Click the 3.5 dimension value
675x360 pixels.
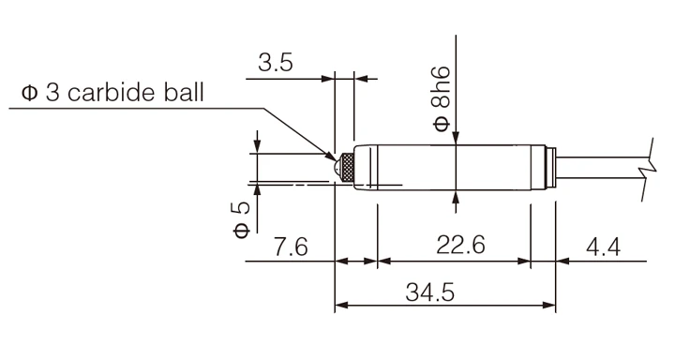coord(276,63)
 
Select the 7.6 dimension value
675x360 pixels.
coord(291,247)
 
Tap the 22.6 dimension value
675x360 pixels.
coord(460,245)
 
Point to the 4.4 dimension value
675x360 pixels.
coord(604,247)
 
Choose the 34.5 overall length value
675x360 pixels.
coord(430,292)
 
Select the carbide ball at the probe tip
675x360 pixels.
coord(337,167)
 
